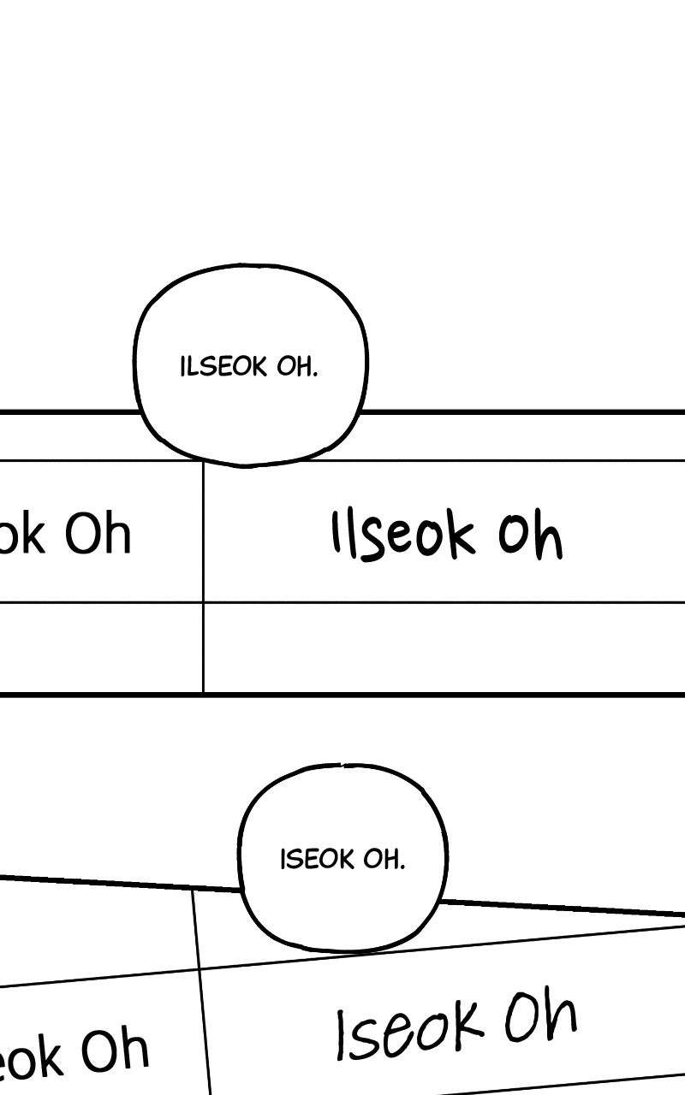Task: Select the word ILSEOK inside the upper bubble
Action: tap(224, 367)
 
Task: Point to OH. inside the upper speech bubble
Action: tap(297, 367)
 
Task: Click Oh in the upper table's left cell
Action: tap(98, 534)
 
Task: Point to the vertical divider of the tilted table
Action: tap(202, 992)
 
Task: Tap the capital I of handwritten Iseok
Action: tap(343, 1035)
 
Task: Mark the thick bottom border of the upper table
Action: tap(342, 695)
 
